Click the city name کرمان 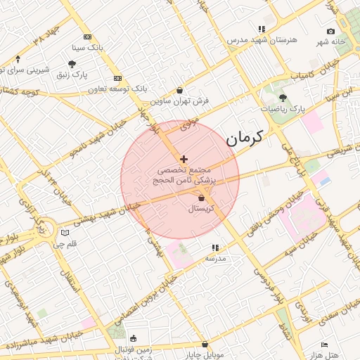pyautogui.click(x=243, y=138)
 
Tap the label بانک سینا pyautogui.click(x=88, y=48)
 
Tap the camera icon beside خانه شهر pyautogui.click(x=330, y=31)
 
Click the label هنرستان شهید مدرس pyautogui.click(x=258, y=40)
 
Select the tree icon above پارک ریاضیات pyautogui.click(x=283, y=98)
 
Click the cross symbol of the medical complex pyautogui.click(x=184, y=159)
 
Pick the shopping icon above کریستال pyautogui.click(x=202, y=199)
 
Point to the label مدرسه pyautogui.click(x=215, y=258)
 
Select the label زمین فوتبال pyautogui.click(x=133, y=349)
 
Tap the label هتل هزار pyautogui.click(x=340, y=355)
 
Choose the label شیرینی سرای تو pyautogui.click(x=25, y=70)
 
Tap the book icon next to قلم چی pyautogui.click(x=65, y=233)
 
